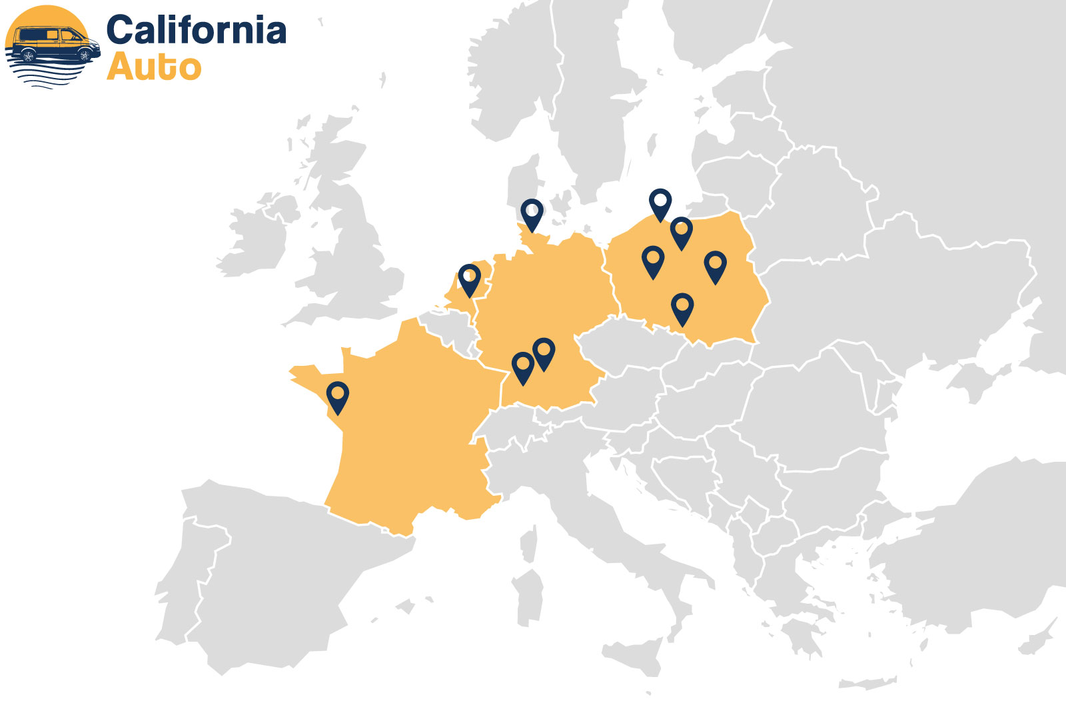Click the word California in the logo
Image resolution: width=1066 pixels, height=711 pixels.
[x=196, y=31]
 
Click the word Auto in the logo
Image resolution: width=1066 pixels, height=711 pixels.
[x=154, y=67]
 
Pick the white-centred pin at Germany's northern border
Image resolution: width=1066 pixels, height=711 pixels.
[x=532, y=214]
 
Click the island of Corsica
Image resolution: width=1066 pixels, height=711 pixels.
[x=528, y=543]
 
